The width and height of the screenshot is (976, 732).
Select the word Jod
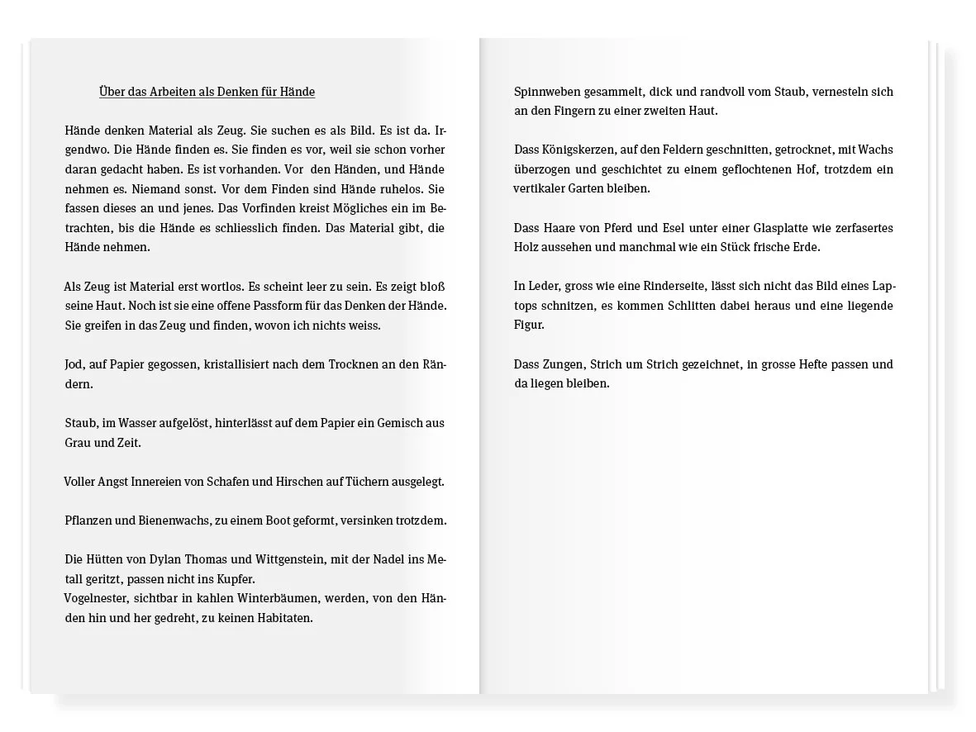(x=74, y=364)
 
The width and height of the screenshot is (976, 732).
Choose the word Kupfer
(x=235, y=578)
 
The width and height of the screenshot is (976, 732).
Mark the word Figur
(x=528, y=325)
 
